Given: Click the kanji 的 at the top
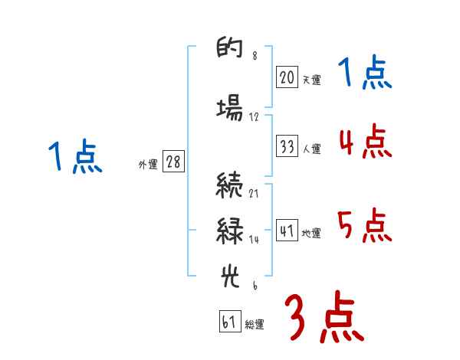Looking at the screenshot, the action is coord(229,51).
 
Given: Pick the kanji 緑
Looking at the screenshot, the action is coord(229,231).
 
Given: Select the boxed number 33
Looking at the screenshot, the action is coord(287,147).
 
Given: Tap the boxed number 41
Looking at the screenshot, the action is coord(287,230).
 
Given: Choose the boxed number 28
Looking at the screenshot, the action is coord(173,162).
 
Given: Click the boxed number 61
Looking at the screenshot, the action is coord(229,322).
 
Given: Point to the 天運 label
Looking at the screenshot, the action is coord(311,79).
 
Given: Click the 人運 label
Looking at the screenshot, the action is coord(311,149).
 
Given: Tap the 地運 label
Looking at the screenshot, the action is coord(311,233).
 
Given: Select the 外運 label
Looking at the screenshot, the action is coord(148,165).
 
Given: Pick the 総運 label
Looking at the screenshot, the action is coord(255,325).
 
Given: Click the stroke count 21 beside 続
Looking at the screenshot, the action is coord(254,193).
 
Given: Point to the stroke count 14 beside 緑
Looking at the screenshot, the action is coord(254,239).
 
